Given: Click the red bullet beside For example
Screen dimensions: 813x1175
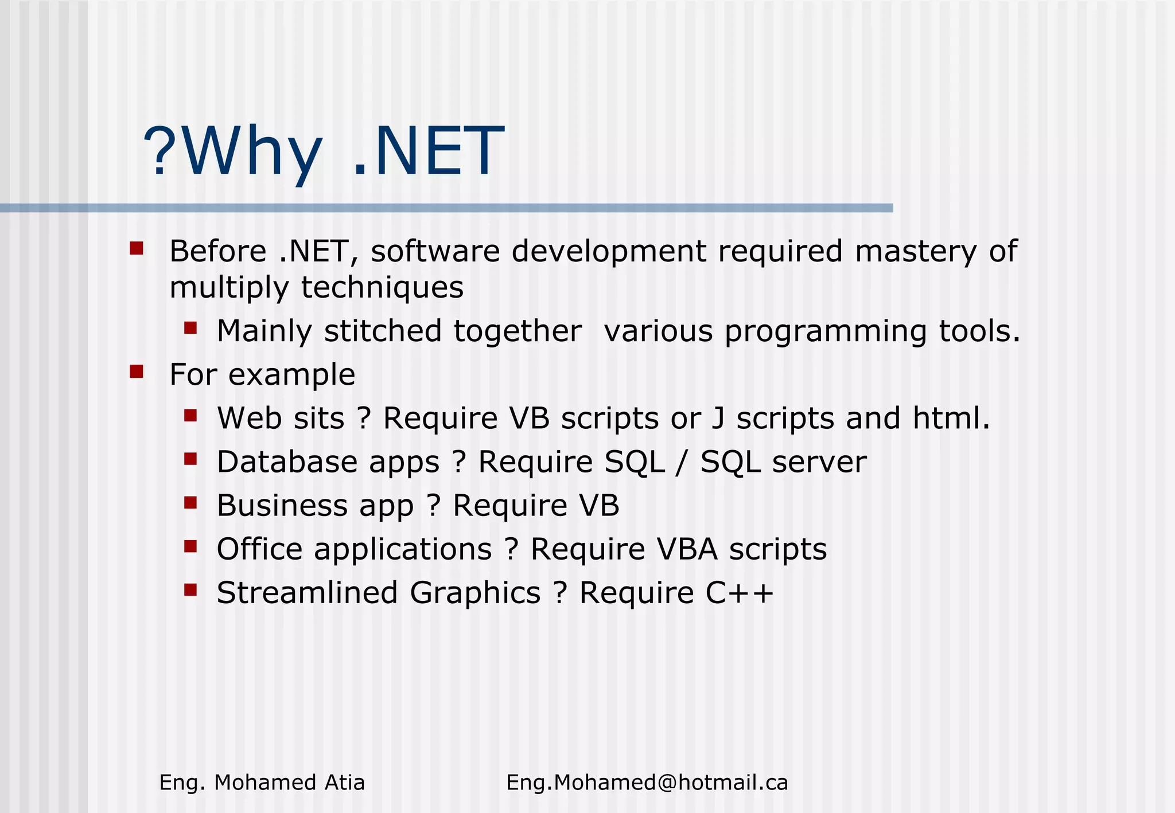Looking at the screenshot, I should [136, 372].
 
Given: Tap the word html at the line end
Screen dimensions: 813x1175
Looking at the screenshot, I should [950, 418].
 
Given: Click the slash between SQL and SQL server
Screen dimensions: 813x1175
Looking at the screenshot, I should [682, 462].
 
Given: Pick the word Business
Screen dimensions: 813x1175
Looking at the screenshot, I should [282, 506].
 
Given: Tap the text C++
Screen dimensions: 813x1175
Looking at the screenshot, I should [740, 593].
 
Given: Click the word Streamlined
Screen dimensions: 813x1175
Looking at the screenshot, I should [307, 593].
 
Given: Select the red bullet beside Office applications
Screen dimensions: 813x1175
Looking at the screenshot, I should [190, 546].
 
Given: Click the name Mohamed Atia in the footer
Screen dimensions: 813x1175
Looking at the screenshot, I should [289, 783].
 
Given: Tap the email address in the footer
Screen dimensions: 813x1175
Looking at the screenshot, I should [647, 783].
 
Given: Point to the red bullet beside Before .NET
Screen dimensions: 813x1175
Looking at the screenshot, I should [136, 248].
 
